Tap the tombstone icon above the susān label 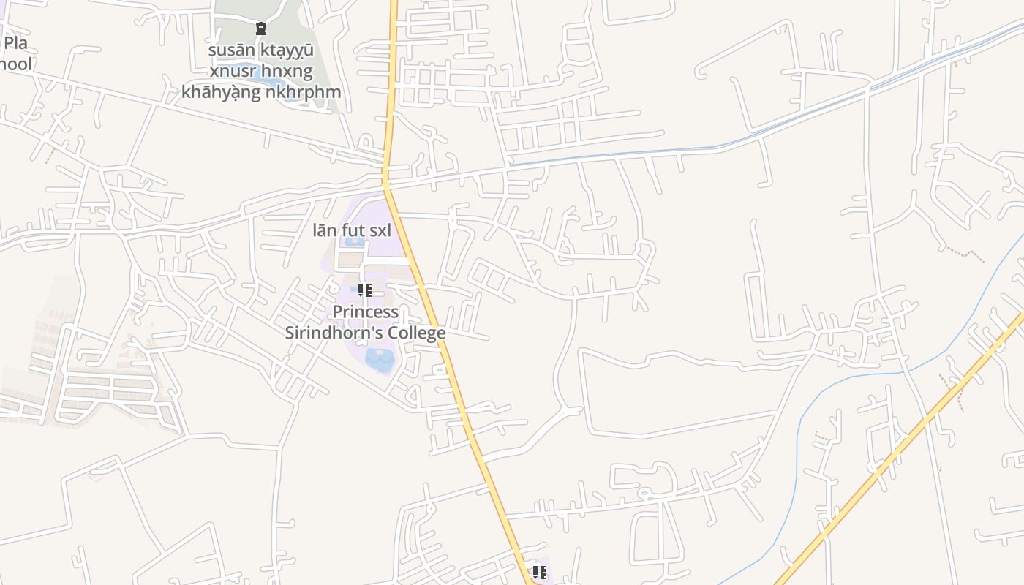[x=260, y=29]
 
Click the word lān [x=324, y=230]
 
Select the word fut [x=353, y=230]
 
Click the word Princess [x=366, y=312]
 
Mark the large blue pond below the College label [x=379, y=359]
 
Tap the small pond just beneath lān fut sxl [x=354, y=241]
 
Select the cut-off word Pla [x=15, y=42]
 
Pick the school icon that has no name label [x=539, y=572]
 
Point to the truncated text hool [x=15, y=64]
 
